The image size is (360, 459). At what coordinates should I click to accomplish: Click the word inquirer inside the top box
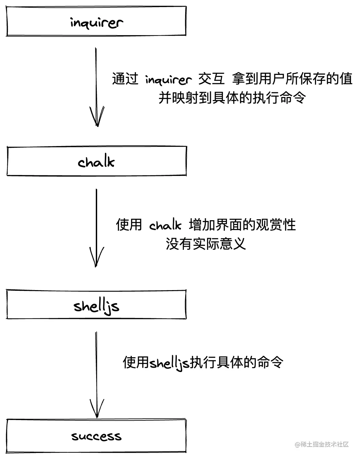[x=96, y=22]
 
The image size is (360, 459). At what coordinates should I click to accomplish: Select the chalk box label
[x=96, y=162]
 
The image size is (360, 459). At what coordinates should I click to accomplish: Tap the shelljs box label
[x=96, y=306]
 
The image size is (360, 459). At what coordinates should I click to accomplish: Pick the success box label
[x=96, y=436]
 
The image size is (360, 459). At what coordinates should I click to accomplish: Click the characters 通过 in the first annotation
[x=125, y=79]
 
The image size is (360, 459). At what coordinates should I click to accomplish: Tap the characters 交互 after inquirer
[x=211, y=79]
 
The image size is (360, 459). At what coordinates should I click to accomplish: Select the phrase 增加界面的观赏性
[x=242, y=225]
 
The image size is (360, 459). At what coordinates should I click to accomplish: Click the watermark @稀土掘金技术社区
[x=322, y=444]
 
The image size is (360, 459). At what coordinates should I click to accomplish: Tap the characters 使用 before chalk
[x=129, y=225]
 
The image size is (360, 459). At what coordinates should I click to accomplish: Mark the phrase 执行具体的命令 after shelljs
[x=236, y=362]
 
